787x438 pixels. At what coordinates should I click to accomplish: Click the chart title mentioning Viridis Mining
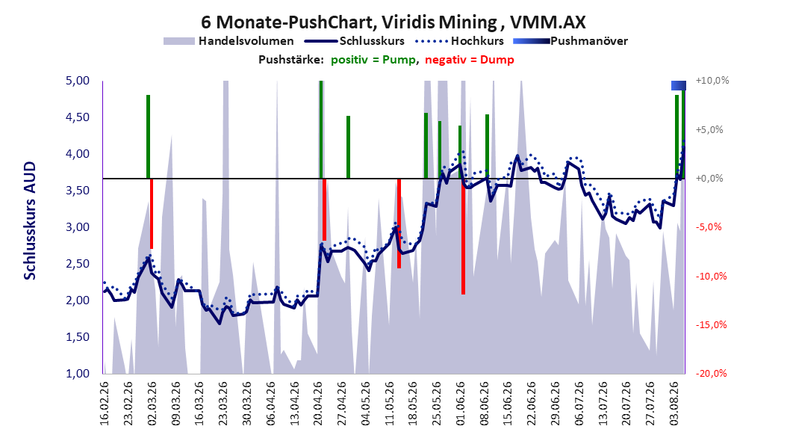[393, 22]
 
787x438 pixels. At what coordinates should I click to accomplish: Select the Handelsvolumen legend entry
[229, 41]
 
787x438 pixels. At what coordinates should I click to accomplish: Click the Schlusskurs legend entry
[355, 41]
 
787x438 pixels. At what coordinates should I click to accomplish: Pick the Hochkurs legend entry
[459, 41]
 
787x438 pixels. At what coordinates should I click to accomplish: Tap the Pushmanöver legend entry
[570, 41]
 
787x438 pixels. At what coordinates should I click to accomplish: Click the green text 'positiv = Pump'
[373, 60]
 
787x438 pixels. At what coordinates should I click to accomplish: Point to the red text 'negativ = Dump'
[470, 60]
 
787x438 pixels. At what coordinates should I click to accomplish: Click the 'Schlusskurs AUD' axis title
[30, 220]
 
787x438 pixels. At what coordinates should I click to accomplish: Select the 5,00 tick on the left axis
[78, 81]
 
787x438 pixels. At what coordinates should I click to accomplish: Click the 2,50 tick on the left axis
[78, 264]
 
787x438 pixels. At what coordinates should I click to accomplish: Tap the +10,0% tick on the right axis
[712, 81]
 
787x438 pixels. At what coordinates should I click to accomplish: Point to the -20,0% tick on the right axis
[711, 373]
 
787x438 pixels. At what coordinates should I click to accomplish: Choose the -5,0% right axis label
[709, 227]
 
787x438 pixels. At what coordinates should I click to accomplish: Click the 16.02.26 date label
[105, 404]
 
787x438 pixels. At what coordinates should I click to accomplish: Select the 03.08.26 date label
[674, 404]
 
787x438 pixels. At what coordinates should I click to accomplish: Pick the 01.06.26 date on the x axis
[460, 404]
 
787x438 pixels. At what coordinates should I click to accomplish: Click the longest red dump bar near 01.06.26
[463, 236]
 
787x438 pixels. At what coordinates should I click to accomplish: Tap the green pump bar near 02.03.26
[148, 137]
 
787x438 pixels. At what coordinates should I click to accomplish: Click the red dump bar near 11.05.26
[399, 223]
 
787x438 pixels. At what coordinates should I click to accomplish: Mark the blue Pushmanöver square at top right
[679, 85]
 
